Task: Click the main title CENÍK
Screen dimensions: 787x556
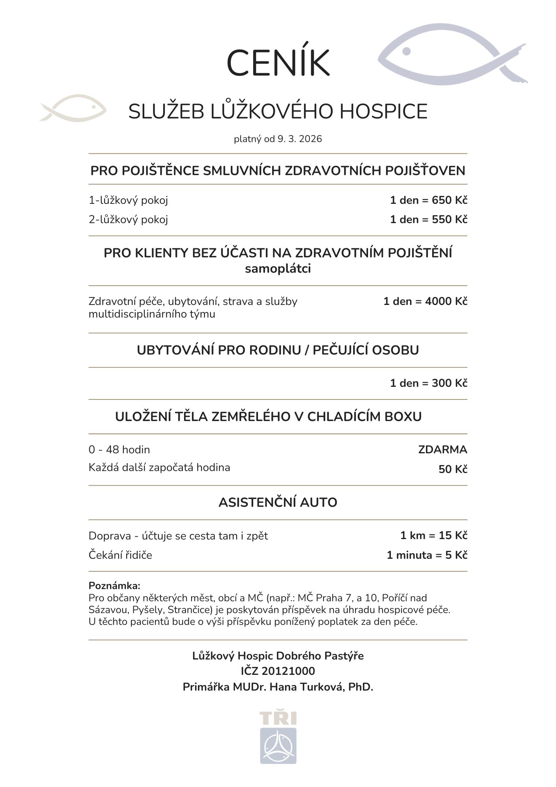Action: click(278, 63)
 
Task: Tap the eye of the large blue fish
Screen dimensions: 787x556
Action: click(407, 51)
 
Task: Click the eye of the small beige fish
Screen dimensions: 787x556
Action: click(94, 106)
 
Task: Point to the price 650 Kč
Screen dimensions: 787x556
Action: click(449, 200)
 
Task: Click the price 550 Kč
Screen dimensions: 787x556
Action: click(449, 220)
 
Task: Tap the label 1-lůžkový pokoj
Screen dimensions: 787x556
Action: click(128, 200)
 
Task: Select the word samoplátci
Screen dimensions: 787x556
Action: click(278, 269)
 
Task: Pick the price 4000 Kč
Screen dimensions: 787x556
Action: click(446, 301)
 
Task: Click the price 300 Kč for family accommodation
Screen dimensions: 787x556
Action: click(449, 383)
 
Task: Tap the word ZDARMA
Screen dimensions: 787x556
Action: click(442, 449)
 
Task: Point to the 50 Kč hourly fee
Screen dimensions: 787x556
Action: click(453, 469)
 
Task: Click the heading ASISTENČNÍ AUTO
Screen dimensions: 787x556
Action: click(278, 502)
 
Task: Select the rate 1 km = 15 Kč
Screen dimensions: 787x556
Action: click(434, 536)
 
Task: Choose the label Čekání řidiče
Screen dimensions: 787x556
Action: click(120, 555)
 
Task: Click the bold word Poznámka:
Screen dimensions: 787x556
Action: click(114, 586)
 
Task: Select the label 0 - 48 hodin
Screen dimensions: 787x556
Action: click(119, 449)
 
